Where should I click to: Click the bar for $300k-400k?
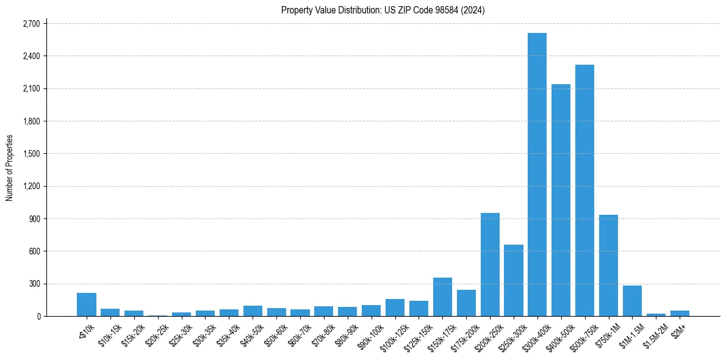pyautogui.click(x=537, y=175)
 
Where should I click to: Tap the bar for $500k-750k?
pyautogui.click(x=584, y=190)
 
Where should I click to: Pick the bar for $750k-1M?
pyautogui.click(x=608, y=265)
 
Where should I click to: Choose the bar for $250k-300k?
pyautogui.click(x=514, y=280)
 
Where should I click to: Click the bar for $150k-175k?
pyautogui.click(x=442, y=297)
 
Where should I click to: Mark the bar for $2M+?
pyautogui.click(x=680, y=313)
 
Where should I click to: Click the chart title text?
pyautogui.click(x=383, y=10)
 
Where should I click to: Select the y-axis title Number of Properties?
pyautogui.click(x=10, y=168)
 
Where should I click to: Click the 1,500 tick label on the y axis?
pyautogui.click(x=31, y=154)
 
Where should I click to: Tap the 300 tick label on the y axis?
pyautogui.click(x=34, y=284)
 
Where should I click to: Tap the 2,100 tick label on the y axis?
pyautogui.click(x=31, y=89)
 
